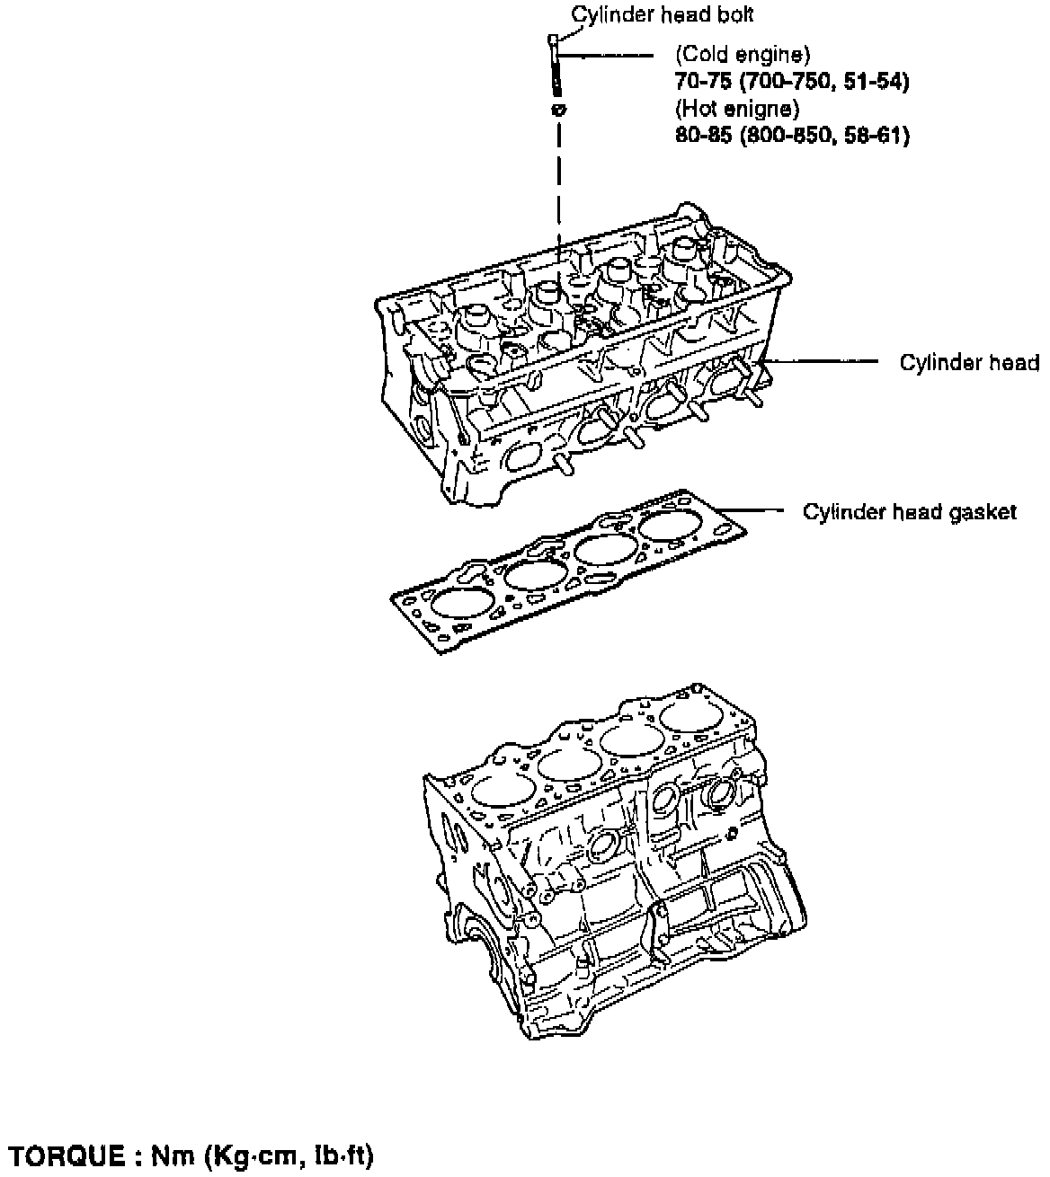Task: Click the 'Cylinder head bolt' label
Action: [663, 15]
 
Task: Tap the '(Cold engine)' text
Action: [743, 54]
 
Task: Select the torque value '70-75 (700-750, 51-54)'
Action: [792, 82]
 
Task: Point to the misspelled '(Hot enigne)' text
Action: [736, 109]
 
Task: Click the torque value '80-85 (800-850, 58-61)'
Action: [792, 136]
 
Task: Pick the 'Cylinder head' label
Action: [969, 362]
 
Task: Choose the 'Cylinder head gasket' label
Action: [909, 512]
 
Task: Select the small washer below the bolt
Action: [557, 110]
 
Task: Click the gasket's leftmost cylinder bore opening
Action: [459, 606]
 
